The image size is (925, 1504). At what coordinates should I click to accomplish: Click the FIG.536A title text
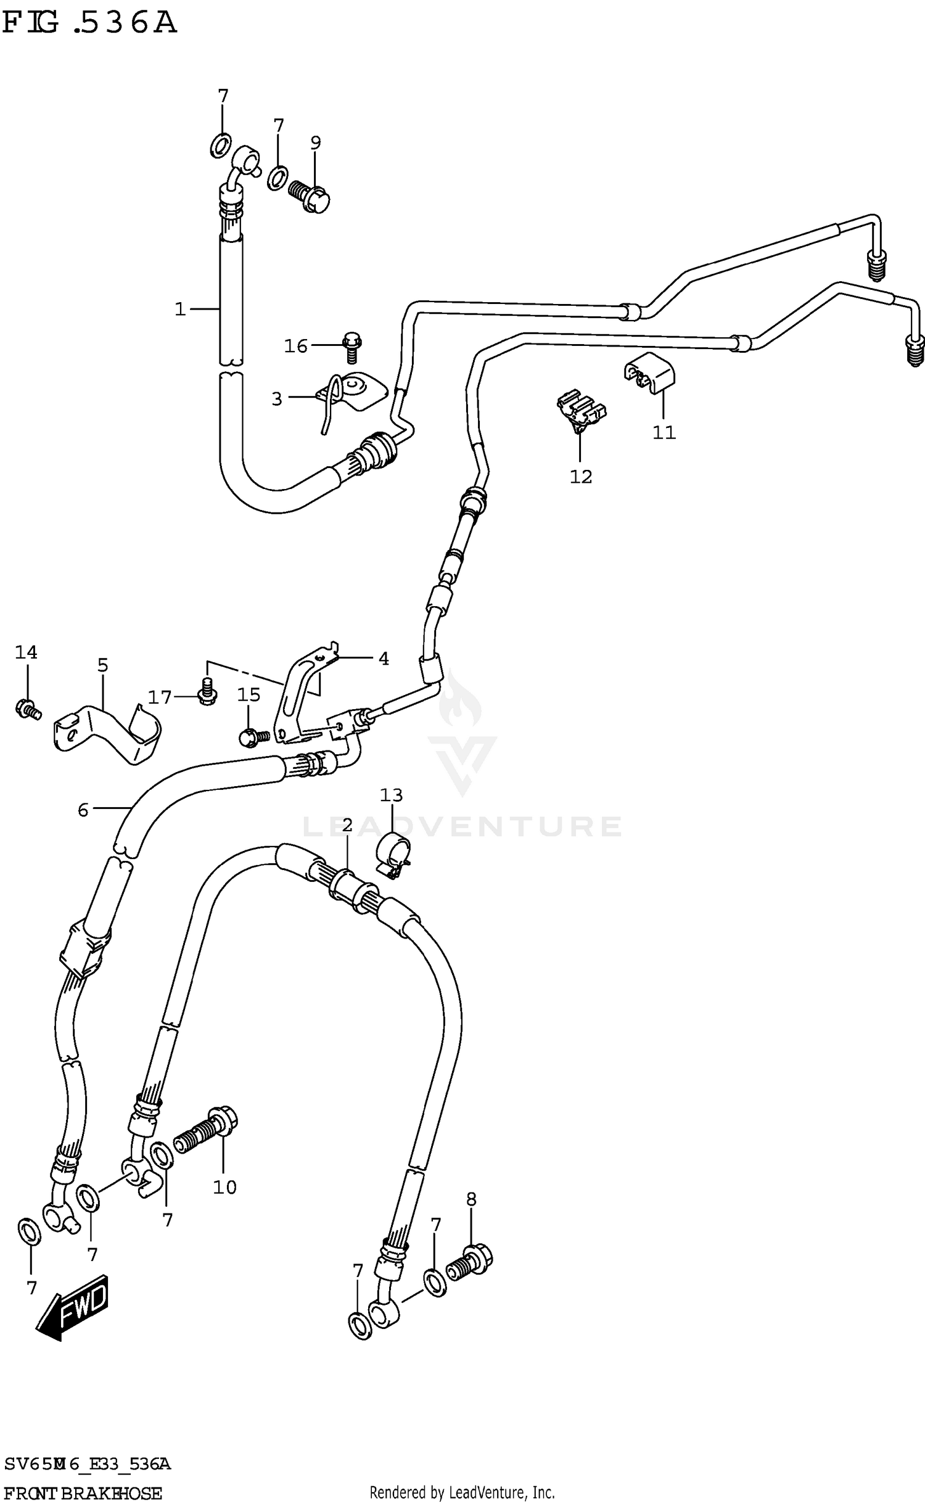89,23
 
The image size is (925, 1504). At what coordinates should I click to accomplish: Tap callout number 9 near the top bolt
315,143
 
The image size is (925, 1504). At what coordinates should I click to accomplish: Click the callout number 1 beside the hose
180,309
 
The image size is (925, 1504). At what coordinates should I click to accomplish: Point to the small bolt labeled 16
351,347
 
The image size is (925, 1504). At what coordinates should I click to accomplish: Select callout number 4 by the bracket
384,659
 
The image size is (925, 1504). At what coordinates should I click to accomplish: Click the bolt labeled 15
253,736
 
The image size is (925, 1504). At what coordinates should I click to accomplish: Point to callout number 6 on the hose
83,810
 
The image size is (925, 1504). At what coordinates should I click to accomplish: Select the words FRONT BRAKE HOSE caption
83,1488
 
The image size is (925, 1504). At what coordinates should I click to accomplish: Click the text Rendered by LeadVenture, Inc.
462,1487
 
